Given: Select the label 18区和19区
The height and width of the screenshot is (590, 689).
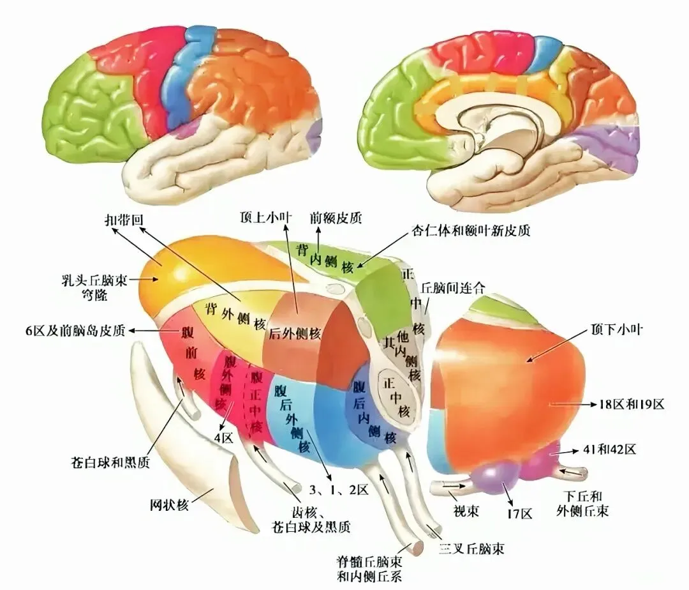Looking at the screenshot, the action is pos(632,404).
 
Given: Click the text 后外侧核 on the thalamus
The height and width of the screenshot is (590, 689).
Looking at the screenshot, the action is pos(295,334).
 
